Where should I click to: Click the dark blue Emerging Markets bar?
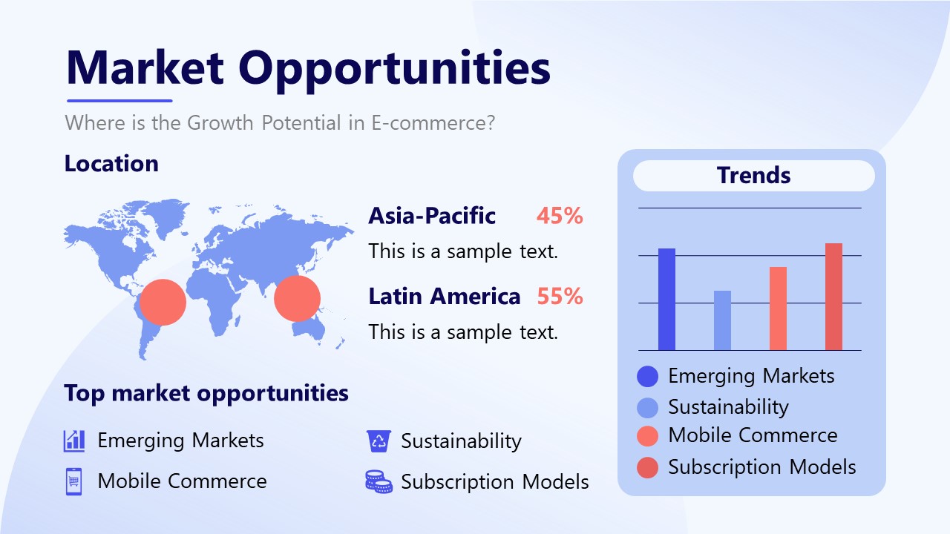point(666,300)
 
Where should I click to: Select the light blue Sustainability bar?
point(722,320)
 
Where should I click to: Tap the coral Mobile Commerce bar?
point(778,309)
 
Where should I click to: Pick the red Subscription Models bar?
point(833,297)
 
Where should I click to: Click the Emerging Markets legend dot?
point(648,377)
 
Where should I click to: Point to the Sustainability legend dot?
point(648,407)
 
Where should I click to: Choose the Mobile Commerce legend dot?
point(648,436)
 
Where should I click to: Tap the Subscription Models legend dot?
point(648,467)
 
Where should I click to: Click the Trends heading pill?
point(753,176)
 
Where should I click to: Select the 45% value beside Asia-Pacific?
point(560,216)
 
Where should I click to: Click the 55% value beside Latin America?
point(560,297)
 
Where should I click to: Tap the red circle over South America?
point(163,302)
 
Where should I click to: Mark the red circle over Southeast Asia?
point(297,299)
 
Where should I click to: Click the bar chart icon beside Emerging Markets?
point(74,441)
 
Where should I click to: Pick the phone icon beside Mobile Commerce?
point(73,481)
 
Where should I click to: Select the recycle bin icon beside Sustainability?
point(379,441)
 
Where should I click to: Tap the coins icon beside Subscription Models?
point(379,482)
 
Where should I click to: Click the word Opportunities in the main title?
point(394,67)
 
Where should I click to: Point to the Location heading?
point(111,164)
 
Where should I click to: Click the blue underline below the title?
point(119,101)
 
